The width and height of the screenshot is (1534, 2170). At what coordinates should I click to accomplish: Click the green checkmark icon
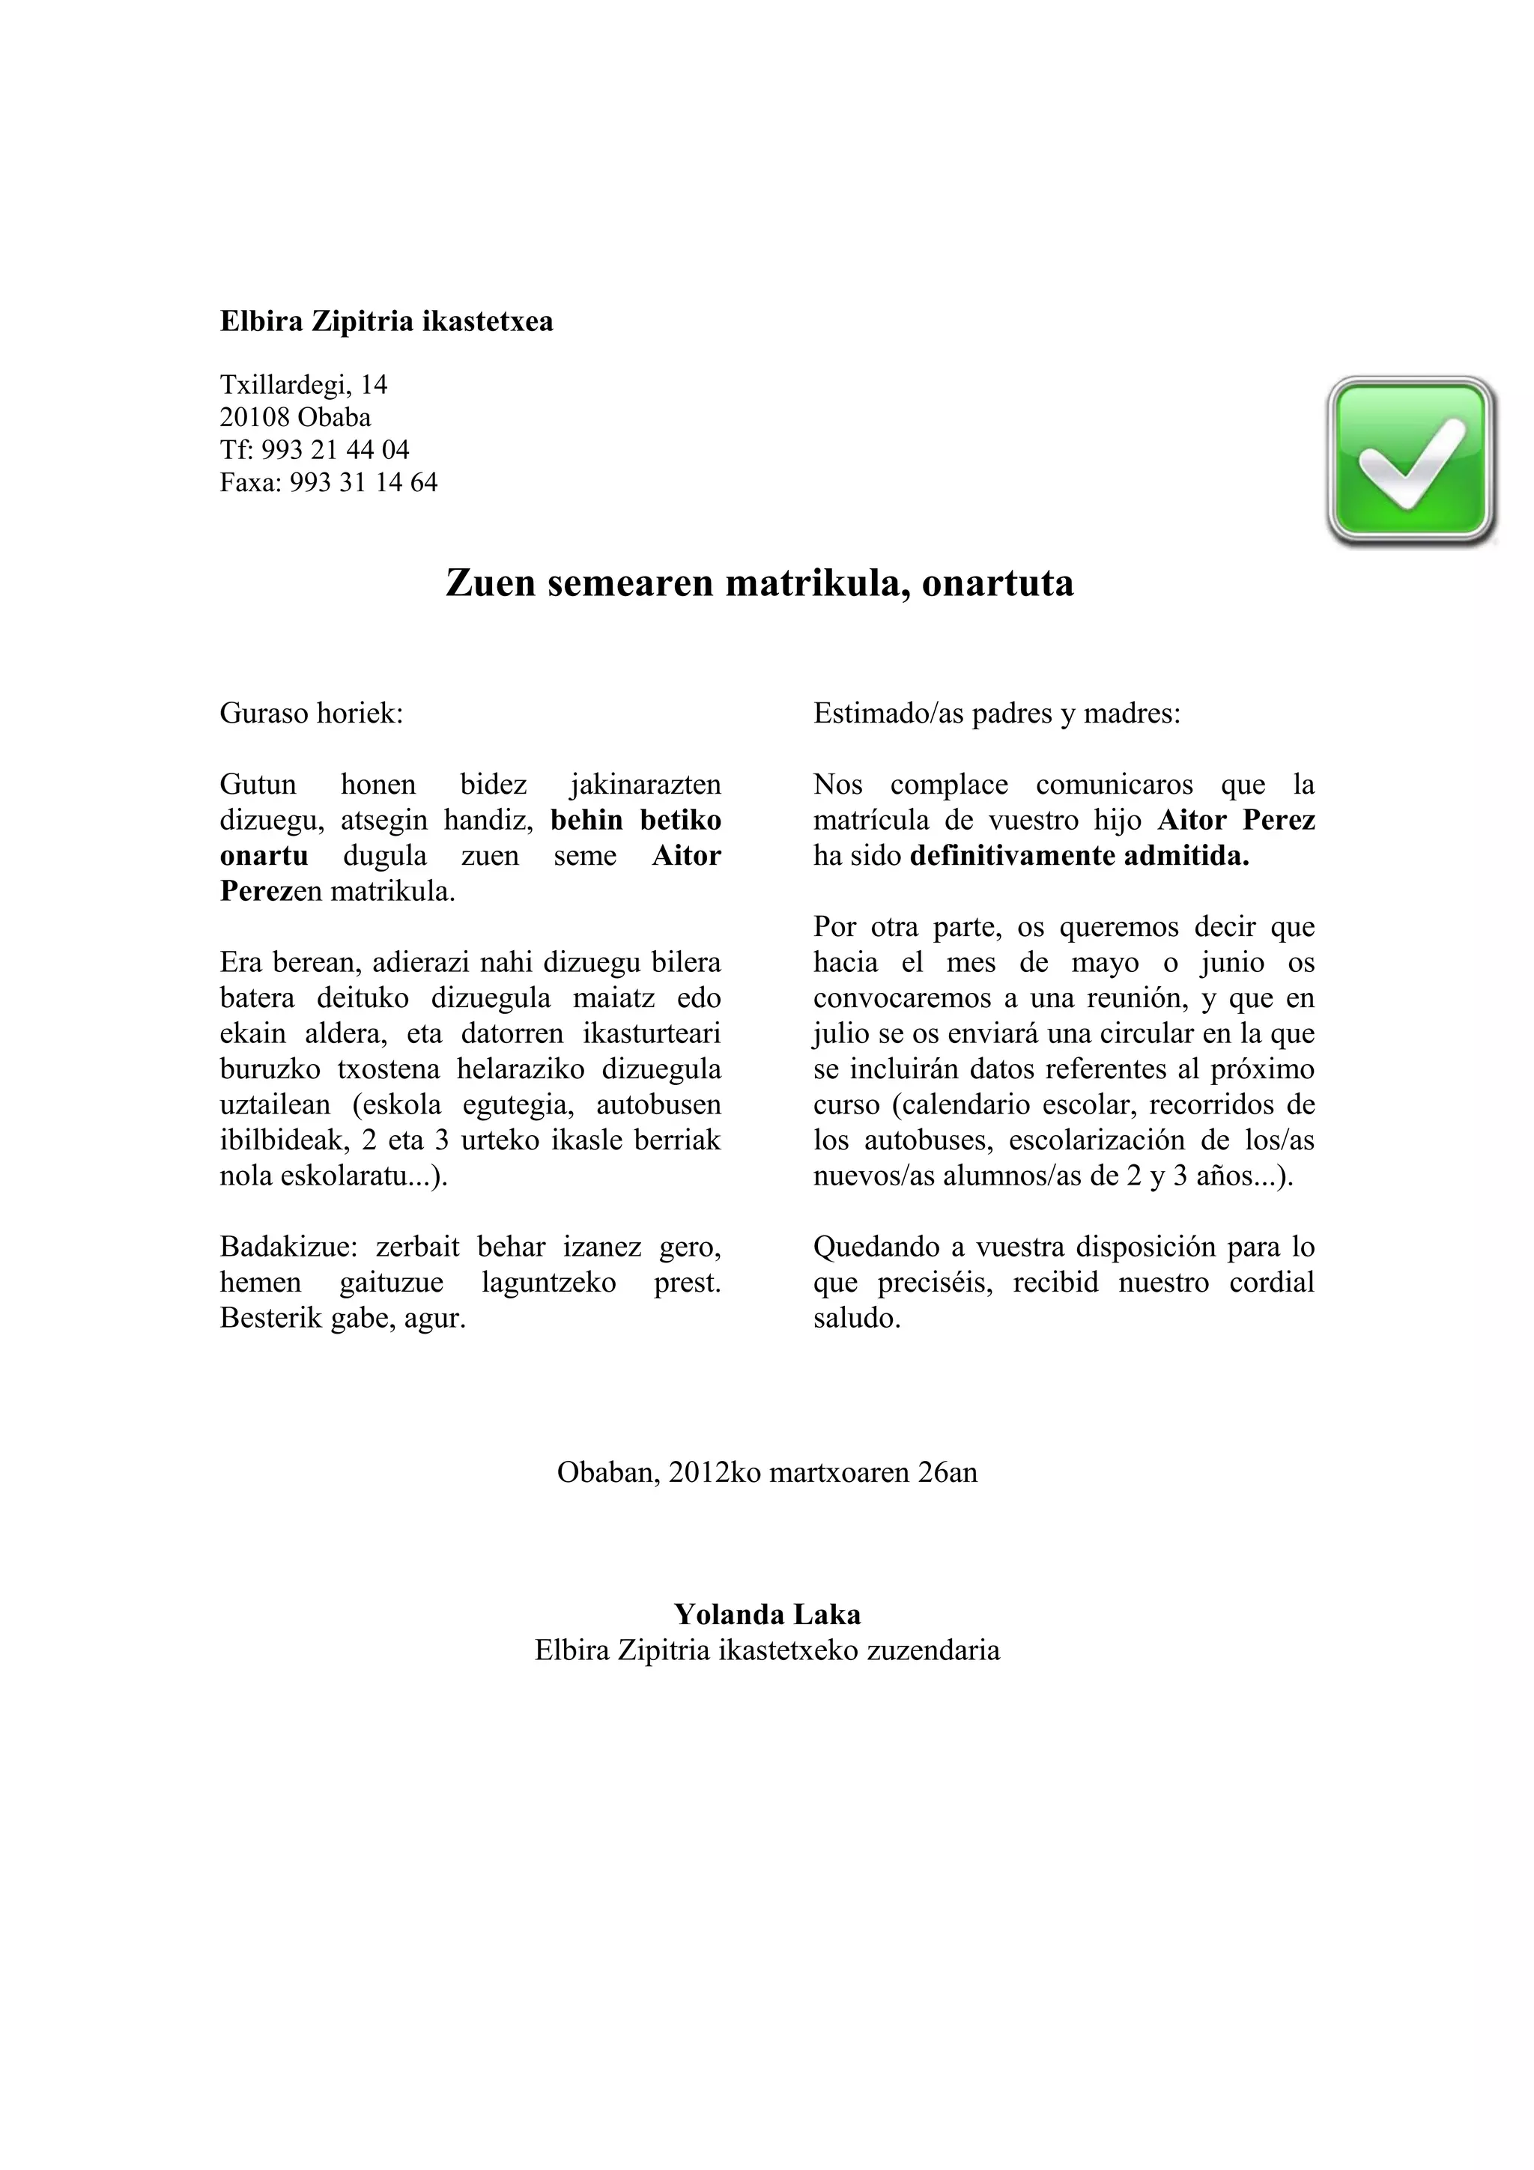(1411, 461)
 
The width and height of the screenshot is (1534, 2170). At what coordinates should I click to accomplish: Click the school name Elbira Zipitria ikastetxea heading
(386, 321)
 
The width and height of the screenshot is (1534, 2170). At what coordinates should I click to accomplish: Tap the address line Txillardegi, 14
(303, 385)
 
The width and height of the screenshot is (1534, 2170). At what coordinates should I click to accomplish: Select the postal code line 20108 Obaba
(295, 417)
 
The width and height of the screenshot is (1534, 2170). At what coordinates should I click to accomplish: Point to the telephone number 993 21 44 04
(336, 450)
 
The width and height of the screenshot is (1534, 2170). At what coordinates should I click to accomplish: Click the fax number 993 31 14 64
(364, 482)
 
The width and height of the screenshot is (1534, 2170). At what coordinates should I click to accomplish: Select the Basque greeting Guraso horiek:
(311, 713)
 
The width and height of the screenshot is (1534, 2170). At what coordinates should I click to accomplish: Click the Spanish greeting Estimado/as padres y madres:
(996, 713)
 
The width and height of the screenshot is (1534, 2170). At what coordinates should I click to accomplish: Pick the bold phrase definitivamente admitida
(1079, 857)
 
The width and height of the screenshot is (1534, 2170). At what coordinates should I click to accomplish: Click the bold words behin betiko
(635, 821)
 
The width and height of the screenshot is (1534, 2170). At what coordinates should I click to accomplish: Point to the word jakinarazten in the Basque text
(646, 785)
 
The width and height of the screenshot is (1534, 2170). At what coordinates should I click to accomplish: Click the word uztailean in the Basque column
(275, 1105)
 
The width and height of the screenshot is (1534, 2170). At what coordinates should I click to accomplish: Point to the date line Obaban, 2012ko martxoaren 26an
(766, 1472)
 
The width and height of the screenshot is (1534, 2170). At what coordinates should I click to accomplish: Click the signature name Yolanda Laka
(766, 1614)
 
